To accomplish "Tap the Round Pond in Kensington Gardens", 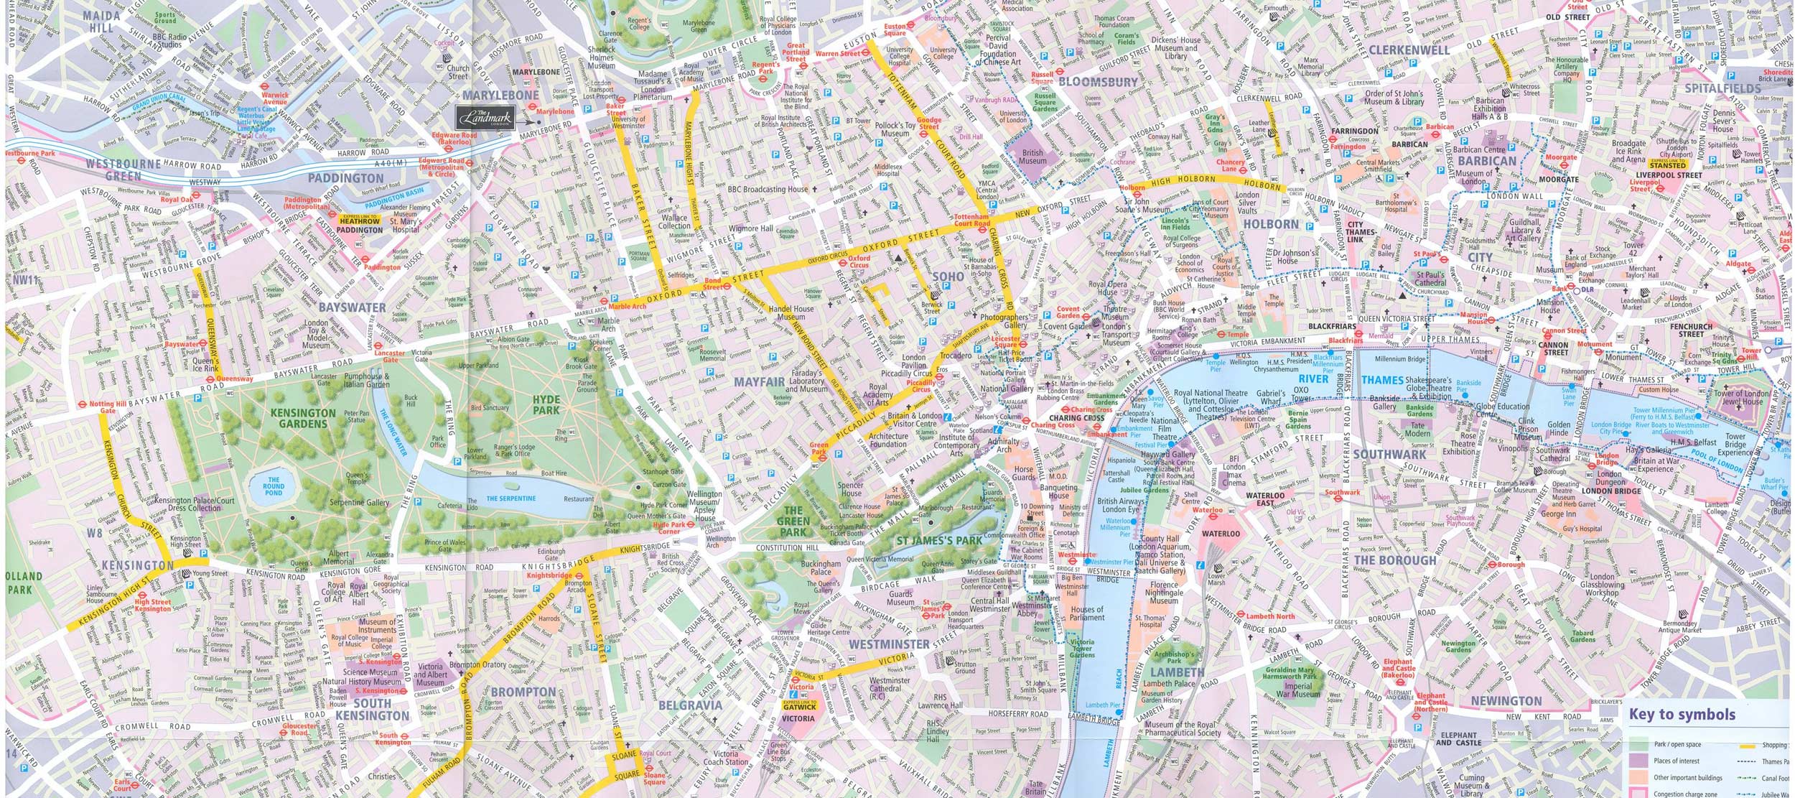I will (273, 486).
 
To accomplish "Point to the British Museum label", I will (1032, 157).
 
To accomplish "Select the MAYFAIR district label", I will (759, 382).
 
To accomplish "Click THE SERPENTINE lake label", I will (510, 498).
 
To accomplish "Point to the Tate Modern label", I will (1417, 429).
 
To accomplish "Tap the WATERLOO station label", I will (1221, 534).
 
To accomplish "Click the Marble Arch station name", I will (627, 306).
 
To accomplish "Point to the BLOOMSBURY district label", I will (1098, 82).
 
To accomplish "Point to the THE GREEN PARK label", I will (793, 521).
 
